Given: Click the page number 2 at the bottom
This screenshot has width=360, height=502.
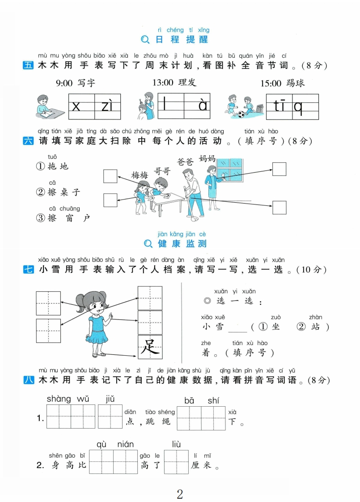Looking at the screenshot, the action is (180, 494).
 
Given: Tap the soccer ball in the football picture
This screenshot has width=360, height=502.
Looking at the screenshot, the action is (241, 114).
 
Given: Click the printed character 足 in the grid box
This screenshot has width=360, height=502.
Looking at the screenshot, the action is (150, 347).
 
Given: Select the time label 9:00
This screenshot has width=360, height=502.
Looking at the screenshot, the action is (64, 84).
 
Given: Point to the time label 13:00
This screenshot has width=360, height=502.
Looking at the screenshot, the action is (163, 83).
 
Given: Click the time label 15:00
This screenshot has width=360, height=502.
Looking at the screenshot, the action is (271, 84).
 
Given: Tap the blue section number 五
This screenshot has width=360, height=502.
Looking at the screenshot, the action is (28, 65).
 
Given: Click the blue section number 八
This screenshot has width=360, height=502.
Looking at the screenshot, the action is (29, 380).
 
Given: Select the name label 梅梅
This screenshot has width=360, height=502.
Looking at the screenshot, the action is (140, 175).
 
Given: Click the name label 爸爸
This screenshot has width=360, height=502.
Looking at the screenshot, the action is (185, 162).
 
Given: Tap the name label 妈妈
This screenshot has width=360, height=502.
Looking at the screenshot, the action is (207, 158).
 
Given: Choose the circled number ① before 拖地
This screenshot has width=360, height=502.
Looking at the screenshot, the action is (40, 166).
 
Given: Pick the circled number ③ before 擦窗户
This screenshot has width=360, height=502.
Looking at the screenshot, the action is (40, 218).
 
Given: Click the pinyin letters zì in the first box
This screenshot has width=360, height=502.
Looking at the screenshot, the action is (107, 106).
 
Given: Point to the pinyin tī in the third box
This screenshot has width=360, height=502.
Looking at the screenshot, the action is (280, 105).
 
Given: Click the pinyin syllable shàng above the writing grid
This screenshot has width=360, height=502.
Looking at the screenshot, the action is (59, 399).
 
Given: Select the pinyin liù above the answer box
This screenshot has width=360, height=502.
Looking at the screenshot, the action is (176, 444).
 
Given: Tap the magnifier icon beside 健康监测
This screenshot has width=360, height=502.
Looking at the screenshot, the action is (148, 244).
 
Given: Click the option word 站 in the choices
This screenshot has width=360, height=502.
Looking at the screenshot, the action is (316, 327).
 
